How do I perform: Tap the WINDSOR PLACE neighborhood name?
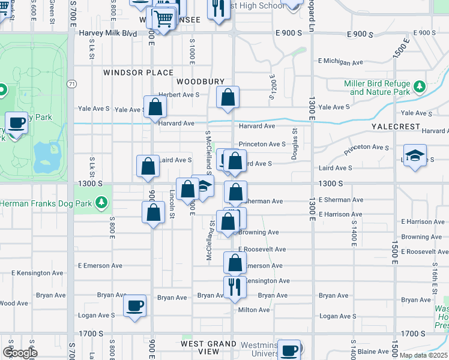coord(130,73)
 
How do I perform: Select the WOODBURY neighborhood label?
coord(200,81)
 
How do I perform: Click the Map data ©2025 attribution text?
coord(423,355)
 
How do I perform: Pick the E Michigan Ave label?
coord(341,61)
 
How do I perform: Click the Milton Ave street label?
coord(254,310)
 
